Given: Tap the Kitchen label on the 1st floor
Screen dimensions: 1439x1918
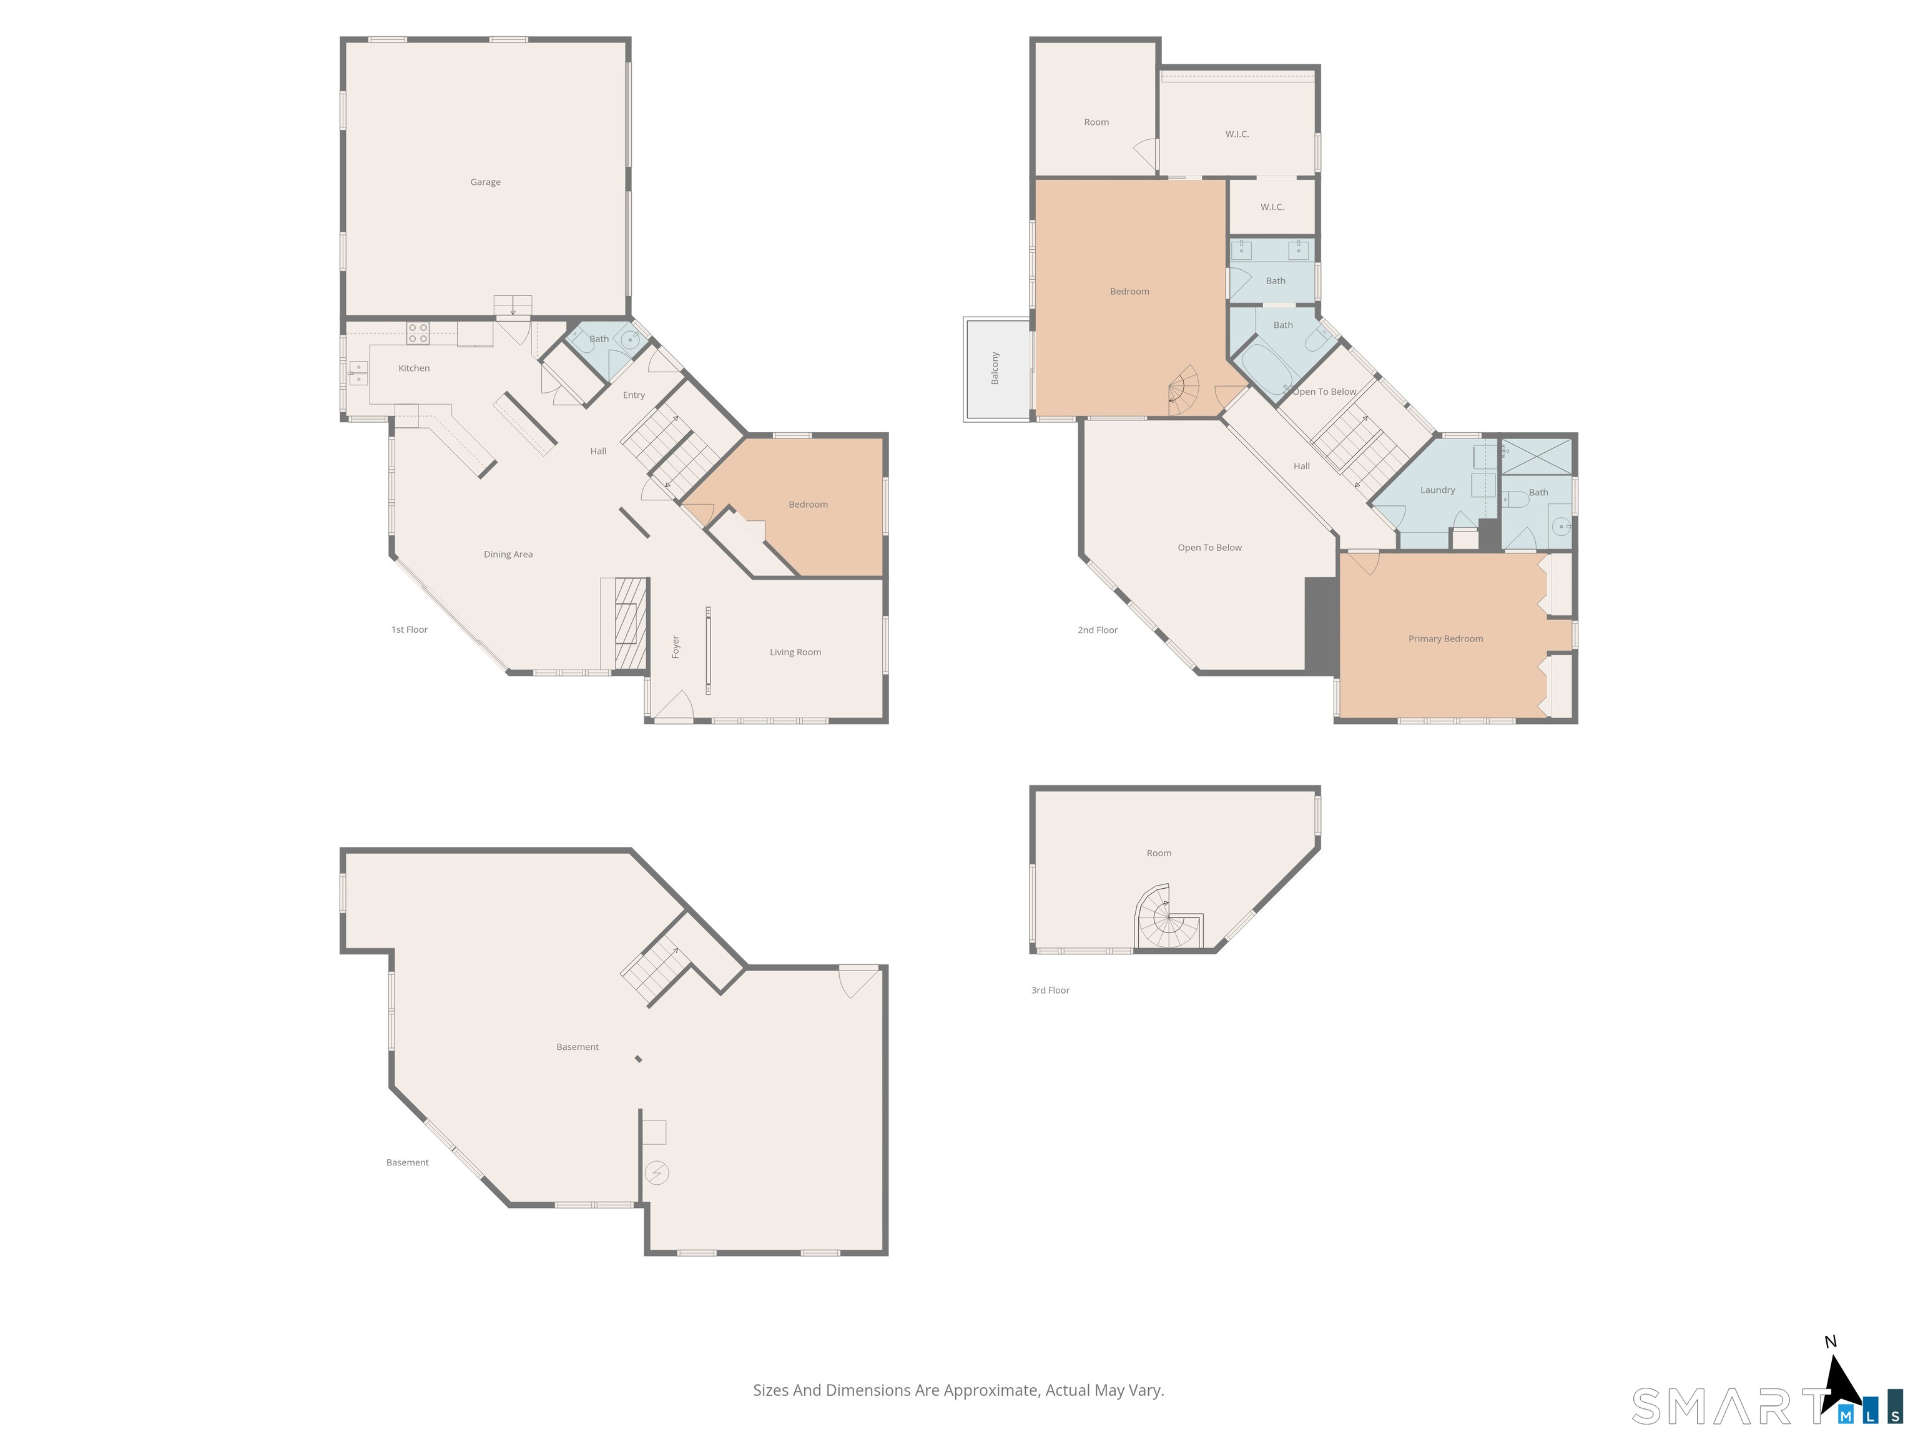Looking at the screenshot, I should pyautogui.click(x=413, y=368).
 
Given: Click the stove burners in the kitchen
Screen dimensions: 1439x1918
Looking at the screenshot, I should pyautogui.click(x=418, y=333).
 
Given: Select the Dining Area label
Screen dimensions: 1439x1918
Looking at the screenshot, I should pyautogui.click(x=508, y=554).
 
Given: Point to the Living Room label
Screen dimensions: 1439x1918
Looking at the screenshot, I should pyautogui.click(x=795, y=652).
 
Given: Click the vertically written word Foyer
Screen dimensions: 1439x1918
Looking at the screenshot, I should pyautogui.click(x=676, y=646).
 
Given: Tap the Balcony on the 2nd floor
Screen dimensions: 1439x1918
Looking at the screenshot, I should pyautogui.click(x=995, y=368).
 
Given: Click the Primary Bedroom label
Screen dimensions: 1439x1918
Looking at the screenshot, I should pyautogui.click(x=1445, y=638).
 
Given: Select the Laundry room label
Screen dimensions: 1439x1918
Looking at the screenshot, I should pyautogui.click(x=1437, y=490).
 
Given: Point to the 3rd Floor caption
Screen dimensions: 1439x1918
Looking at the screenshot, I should pyautogui.click(x=1050, y=990).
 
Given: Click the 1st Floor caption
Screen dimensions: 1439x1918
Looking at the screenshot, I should pyautogui.click(x=410, y=630).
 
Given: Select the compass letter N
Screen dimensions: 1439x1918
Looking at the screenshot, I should pyautogui.click(x=1831, y=1342).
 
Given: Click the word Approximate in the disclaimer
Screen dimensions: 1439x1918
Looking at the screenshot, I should pyautogui.click(x=991, y=1390).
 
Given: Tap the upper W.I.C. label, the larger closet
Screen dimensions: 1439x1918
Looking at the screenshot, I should pyautogui.click(x=1236, y=134).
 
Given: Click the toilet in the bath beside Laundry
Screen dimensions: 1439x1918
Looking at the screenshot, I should pyautogui.click(x=1515, y=500).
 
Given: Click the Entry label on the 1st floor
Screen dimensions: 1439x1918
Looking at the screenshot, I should pyautogui.click(x=633, y=395).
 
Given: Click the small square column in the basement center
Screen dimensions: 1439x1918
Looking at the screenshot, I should pyautogui.click(x=638, y=1059).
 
